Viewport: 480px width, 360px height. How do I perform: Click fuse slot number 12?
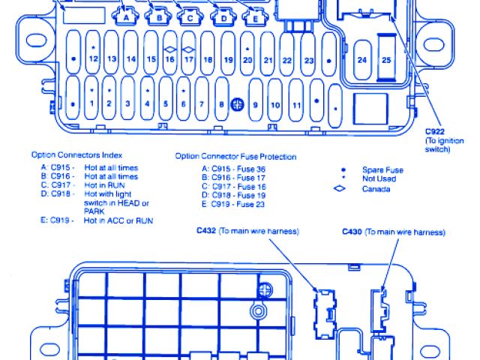(93, 58)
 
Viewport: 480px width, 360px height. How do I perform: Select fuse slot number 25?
(386, 59)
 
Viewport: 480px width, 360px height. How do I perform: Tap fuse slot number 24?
(363, 59)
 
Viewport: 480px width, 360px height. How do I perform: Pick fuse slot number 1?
(91, 103)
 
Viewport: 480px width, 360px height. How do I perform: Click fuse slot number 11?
(296, 105)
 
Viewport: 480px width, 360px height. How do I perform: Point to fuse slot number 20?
(248, 58)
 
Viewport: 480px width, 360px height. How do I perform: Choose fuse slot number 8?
(221, 105)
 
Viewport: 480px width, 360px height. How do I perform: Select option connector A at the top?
(127, 16)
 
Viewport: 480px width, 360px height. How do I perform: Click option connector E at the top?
(256, 16)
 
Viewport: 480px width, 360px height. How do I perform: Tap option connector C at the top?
(190, 16)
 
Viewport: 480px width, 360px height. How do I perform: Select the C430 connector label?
(353, 232)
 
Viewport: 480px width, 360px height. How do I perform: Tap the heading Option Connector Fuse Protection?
(235, 157)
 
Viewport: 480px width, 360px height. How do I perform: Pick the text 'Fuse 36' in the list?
(252, 168)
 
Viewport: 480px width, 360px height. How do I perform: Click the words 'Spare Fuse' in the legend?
(382, 170)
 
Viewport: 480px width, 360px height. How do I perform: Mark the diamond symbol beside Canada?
(340, 188)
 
